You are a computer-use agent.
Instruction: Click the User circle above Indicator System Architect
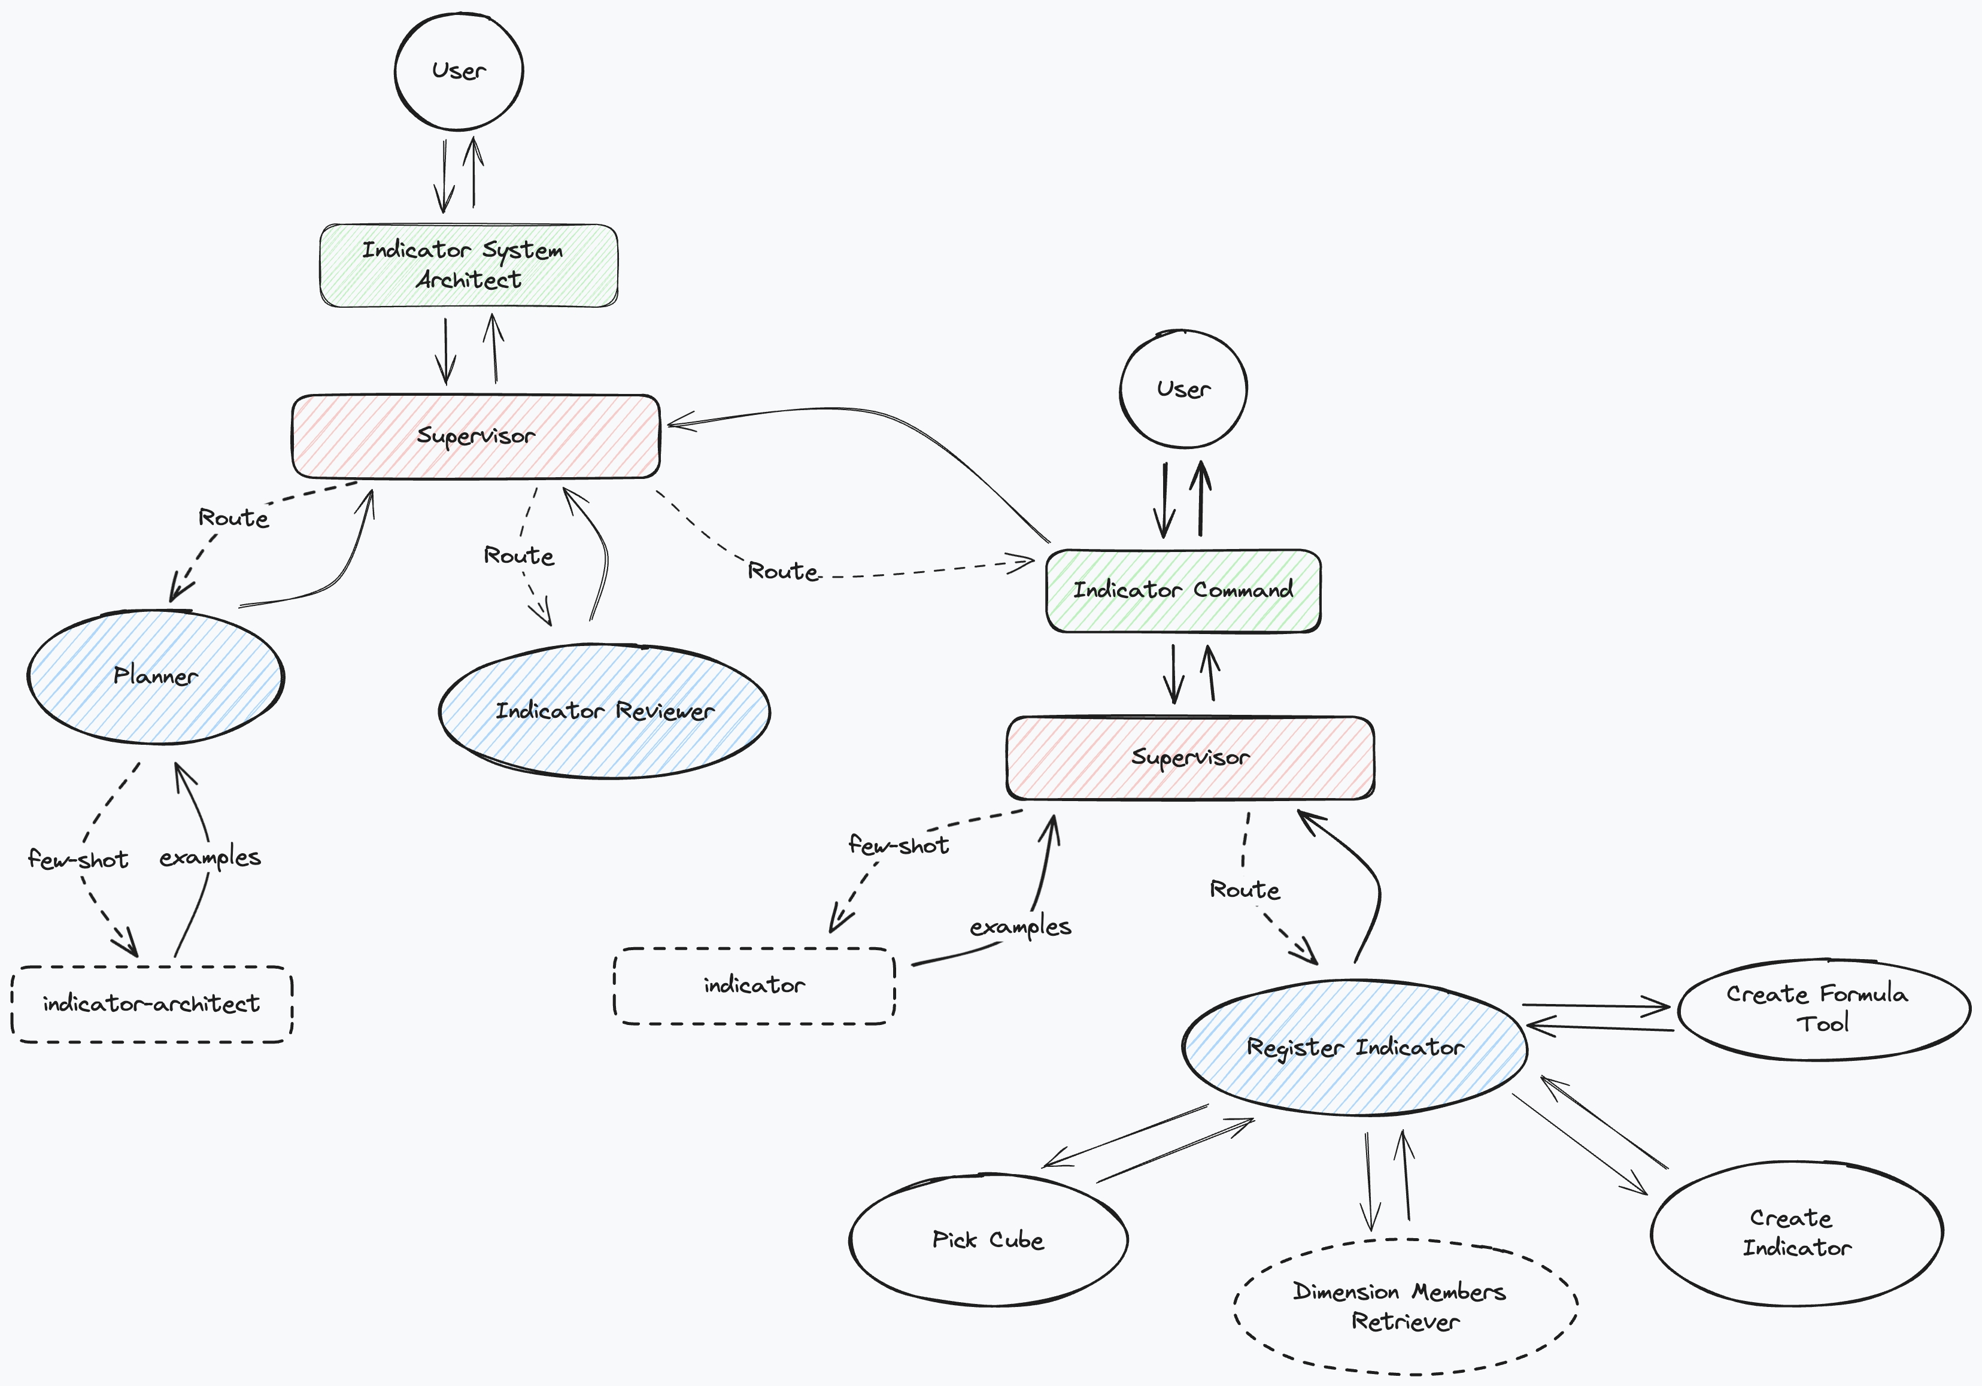459,71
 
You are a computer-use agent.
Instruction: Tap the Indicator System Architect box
469,265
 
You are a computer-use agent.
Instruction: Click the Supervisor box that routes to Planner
476,436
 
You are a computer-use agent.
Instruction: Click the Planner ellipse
156,676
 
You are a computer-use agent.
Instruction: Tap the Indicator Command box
1183,591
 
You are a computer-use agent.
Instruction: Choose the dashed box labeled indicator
754,985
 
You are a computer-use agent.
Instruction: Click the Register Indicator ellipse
1355,1048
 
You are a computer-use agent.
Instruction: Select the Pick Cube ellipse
988,1240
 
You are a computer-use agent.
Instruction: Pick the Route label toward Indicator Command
782,571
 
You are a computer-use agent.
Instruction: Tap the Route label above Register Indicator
1244,890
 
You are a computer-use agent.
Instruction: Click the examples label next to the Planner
210,857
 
